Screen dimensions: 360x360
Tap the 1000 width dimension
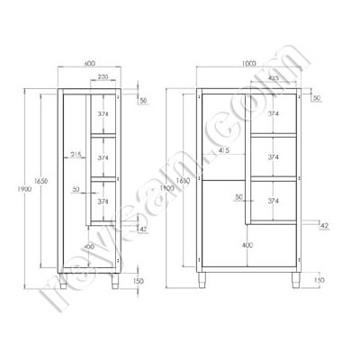click(248, 64)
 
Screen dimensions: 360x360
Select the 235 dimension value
click(104, 78)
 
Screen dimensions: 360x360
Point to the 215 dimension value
click(76, 156)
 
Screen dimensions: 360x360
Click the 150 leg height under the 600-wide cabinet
click(137, 282)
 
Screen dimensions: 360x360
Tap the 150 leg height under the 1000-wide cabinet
click(320, 282)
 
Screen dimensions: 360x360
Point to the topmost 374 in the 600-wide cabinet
click(103, 114)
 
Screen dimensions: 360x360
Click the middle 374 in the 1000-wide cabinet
click(273, 155)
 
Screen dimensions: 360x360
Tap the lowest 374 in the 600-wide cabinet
click(103, 202)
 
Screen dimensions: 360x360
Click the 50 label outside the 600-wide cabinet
click(144, 101)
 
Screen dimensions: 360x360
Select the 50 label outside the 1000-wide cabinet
click(317, 97)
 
